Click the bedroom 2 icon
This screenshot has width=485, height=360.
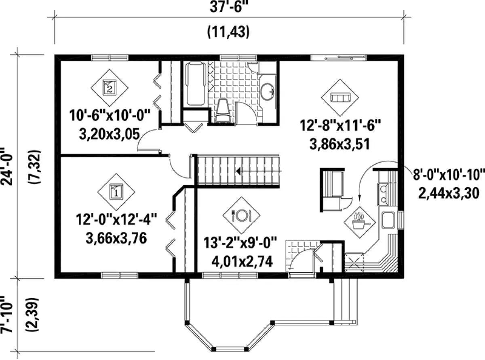coord(110,88)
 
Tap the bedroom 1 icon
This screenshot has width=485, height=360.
coord(116,192)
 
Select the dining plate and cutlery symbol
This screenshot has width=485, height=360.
coord(241,215)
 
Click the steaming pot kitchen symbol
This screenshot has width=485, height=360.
coord(360,222)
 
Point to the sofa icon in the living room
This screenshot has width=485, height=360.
coord(340,97)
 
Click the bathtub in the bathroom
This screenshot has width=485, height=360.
coord(196,83)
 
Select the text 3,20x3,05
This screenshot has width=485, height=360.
coord(110,134)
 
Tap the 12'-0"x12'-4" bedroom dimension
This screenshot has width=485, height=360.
coord(116,219)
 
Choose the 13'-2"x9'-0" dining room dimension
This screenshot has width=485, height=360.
coord(240,242)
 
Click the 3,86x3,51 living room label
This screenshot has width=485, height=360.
coord(339,144)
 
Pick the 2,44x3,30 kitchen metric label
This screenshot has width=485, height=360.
coord(449,193)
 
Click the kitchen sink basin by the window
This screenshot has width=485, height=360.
coord(388,220)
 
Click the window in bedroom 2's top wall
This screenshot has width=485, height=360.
coord(110,57)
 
